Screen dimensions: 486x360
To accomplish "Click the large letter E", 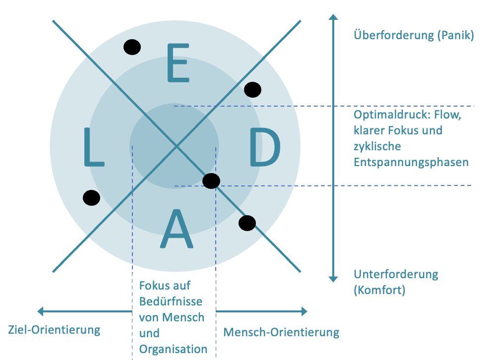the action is [178, 63].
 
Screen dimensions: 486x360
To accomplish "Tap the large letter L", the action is [94, 147].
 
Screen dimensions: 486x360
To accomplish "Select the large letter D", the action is [265, 147].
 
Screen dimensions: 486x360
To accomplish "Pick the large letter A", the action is [177, 229].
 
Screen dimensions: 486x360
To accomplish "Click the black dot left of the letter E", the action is [132, 47].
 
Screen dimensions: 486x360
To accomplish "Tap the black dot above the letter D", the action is [252, 90].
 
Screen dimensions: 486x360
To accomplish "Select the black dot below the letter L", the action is [91, 198].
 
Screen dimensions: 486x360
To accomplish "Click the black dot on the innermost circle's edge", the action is [211, 181].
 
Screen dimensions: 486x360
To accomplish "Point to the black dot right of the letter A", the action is [247, 223].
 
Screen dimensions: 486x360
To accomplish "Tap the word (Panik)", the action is [456, 35].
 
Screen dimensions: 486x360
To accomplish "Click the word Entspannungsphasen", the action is [411, 163].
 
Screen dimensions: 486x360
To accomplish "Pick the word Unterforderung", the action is [396, 275].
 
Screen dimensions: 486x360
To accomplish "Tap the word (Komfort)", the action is [379, 290].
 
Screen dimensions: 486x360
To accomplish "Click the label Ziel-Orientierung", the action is [54, 330].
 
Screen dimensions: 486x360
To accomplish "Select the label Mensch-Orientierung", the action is [282, 332].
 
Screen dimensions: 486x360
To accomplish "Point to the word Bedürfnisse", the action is [171, 301].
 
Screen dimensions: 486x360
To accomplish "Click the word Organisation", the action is [173, 350].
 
